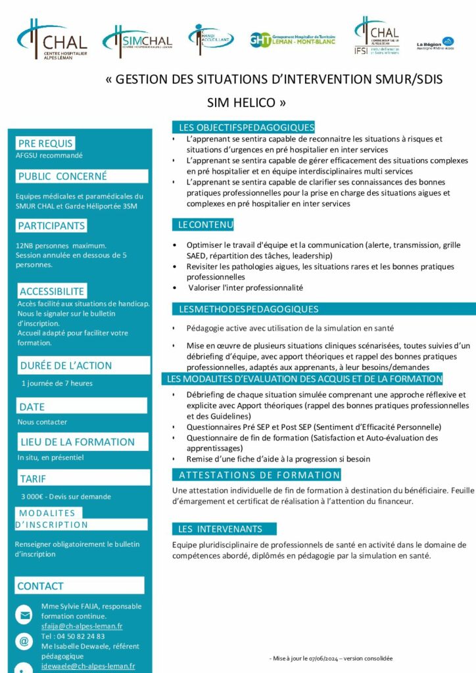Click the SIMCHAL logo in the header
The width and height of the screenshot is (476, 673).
(x=137, y=41)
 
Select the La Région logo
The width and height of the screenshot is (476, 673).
(x=435, y=44)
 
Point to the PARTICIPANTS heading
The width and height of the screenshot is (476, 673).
(x=52, y=225)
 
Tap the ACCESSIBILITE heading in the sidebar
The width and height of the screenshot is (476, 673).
(x=52, y=291)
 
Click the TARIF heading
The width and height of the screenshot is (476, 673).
(x=33, y=478)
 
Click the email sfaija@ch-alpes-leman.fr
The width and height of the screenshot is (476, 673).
(x=82, y=626)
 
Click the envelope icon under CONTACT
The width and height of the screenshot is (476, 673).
(x=24, y=616)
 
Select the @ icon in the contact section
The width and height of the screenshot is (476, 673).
(x=24, y=641)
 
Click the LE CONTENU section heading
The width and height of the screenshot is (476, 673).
(x=206, y=225)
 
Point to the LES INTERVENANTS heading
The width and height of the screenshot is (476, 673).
(x=220, y=528)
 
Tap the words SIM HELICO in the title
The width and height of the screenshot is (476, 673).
(x=247, y=103)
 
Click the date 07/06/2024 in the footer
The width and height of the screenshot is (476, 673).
(x=331, y=658)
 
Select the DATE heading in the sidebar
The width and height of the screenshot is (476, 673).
(x=32, y=407)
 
